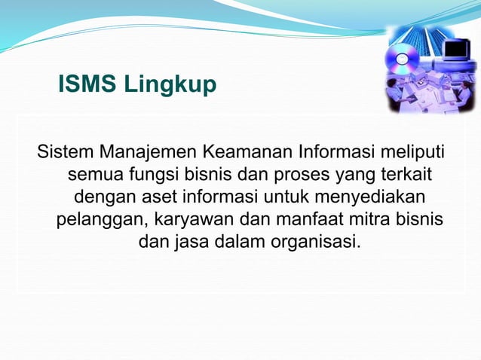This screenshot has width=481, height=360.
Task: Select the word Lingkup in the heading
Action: point(170,86)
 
